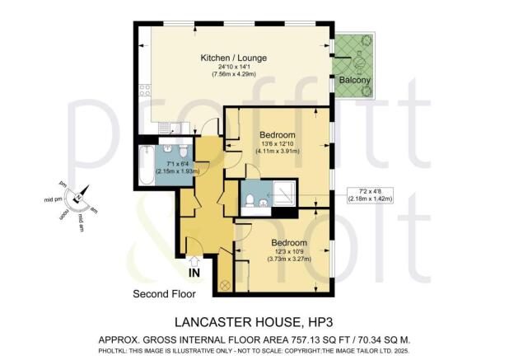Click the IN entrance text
pyautogui.click(x=195, y=273)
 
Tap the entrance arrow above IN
pyautogui.click(x=195, y=260)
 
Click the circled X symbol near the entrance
pyautogui.click(x=223, y=284)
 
